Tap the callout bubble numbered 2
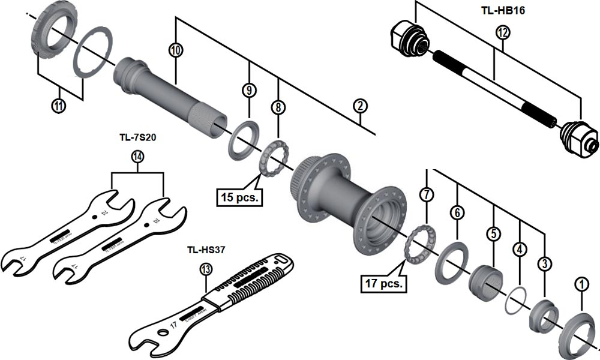click(x=359, y=106)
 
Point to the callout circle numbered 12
click(x=502, y=33)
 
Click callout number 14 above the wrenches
click(x=137, y=157)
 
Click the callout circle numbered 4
click(x=518, y=248)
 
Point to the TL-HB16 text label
click(x=503, y=11)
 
